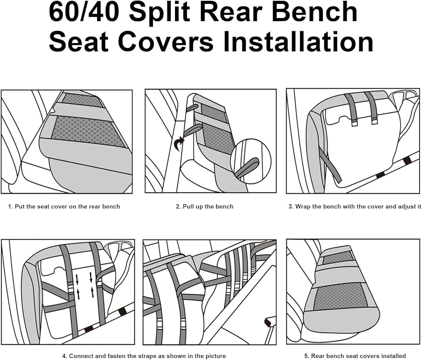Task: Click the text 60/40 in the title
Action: (x=84, y=12)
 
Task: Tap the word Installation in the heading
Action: (x=298, y=41)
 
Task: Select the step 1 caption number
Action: (x=11, y=207)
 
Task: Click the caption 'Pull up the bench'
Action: (x=208, y=207)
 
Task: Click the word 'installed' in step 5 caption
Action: (x=394, y=356)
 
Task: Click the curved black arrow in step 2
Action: (x=179, y=143)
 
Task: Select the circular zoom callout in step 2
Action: (x=251, y=161)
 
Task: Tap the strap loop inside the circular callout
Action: (x=247, y=168)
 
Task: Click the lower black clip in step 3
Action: (x=380, y=175)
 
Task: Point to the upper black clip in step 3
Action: (x=407, y=161)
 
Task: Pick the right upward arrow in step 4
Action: (x=92, y=292)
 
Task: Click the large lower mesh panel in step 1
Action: (x=88, y=132)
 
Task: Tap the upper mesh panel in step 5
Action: (x=338, y=258)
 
